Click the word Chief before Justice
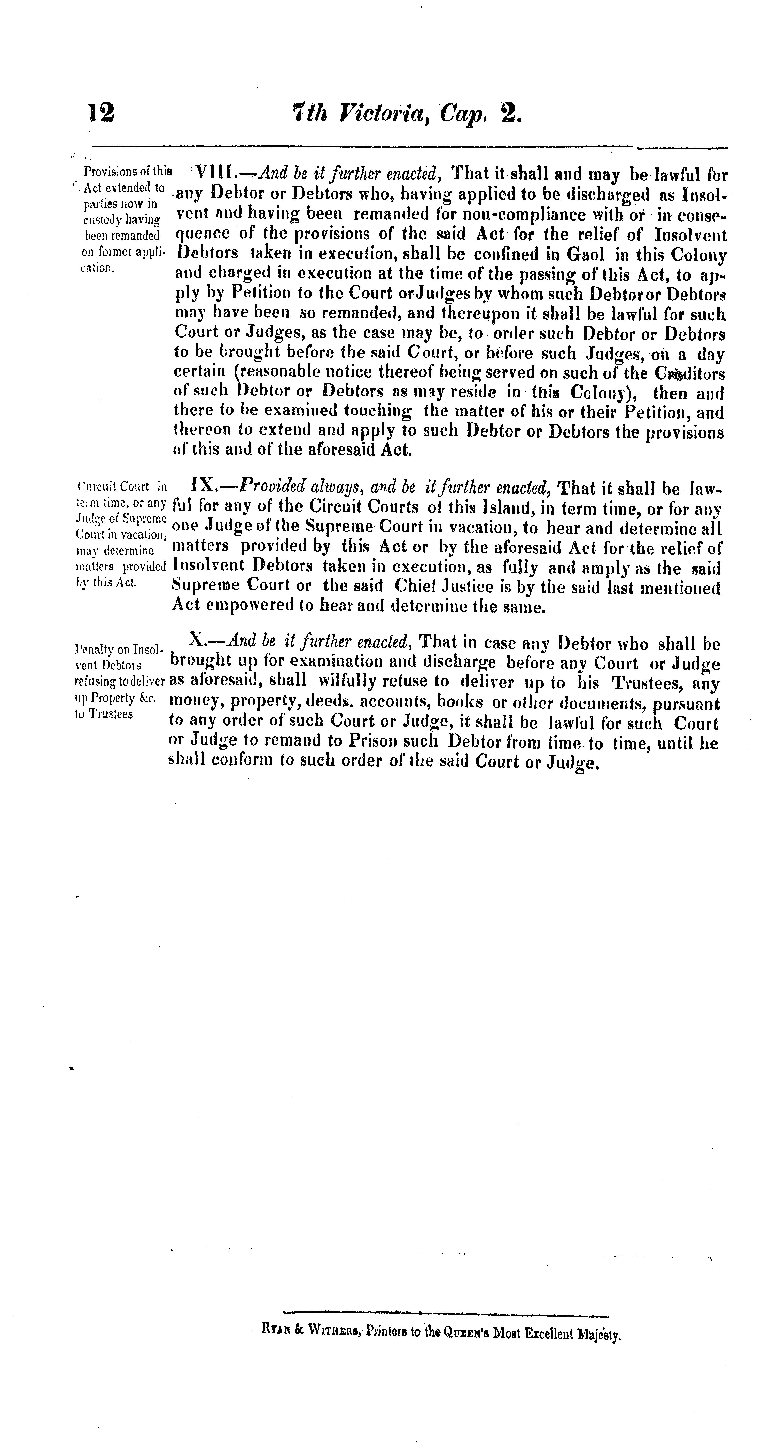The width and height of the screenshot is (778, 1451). point(415,588)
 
